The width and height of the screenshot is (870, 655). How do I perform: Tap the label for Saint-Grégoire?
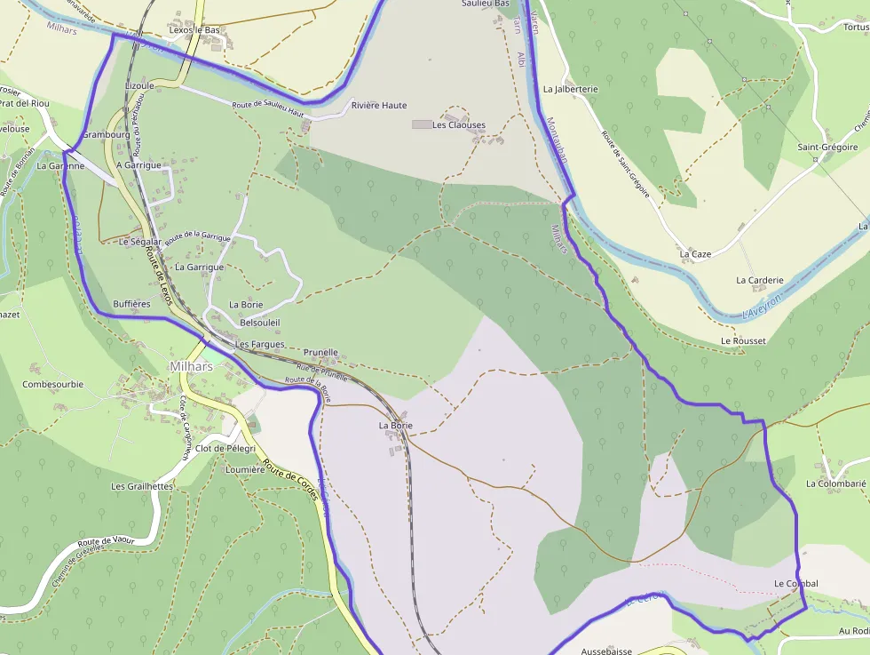click(827, 148)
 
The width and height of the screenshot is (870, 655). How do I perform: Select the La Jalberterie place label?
click(570, 89)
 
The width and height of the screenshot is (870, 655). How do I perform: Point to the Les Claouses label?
click(458, 125)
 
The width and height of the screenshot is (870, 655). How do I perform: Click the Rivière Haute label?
click(379, 106)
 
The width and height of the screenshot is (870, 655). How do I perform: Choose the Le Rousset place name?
click(743, 341)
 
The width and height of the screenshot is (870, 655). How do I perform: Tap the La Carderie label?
click(759, 280)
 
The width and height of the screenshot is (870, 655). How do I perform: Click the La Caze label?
click(695, 254)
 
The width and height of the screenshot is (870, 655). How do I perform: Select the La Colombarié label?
click(835, 484)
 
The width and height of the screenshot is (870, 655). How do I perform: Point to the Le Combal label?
click(795, 584)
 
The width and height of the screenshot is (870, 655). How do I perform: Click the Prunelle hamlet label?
click(320, 353)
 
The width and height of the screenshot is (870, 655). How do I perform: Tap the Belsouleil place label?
click(260, 323)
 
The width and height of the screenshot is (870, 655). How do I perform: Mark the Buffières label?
click(131, 304)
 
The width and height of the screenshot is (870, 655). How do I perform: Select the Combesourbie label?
click(52, 385)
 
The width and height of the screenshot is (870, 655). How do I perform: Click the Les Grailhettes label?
click(141, 487)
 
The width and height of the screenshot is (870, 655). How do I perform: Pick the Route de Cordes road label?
click(290, 483)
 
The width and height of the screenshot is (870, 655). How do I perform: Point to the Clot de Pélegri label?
click(225, 449)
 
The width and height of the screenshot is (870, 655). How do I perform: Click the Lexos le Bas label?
click(194, 30)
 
